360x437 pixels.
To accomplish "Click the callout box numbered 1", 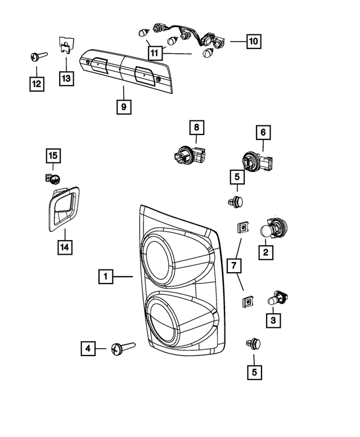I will [x=105, y=277].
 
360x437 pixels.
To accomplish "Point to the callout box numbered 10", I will [x=253, y=41].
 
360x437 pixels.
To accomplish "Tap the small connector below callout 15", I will [x=52, y=178].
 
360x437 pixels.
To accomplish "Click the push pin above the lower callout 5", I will [x=253, y=343].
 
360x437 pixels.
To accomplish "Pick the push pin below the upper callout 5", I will [x=236, y=200].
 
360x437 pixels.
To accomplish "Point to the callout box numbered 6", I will [x=263, y=133].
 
